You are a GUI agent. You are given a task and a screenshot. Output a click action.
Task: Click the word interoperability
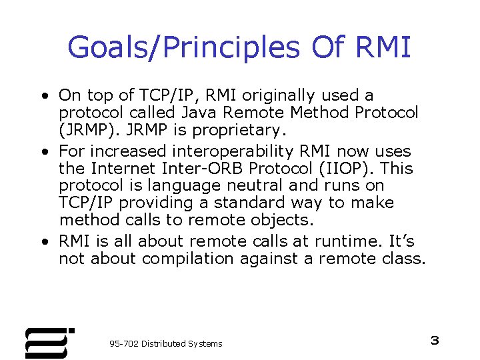[x=235, y=151]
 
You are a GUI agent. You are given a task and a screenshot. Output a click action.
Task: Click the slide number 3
[x=435, y=341]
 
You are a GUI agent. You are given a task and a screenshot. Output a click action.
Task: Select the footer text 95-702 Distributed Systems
[x=165, y=343]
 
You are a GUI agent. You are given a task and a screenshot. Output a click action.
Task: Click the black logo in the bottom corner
[x=47, y=343]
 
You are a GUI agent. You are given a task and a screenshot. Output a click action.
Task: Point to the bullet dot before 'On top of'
[x=43, y=96]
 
